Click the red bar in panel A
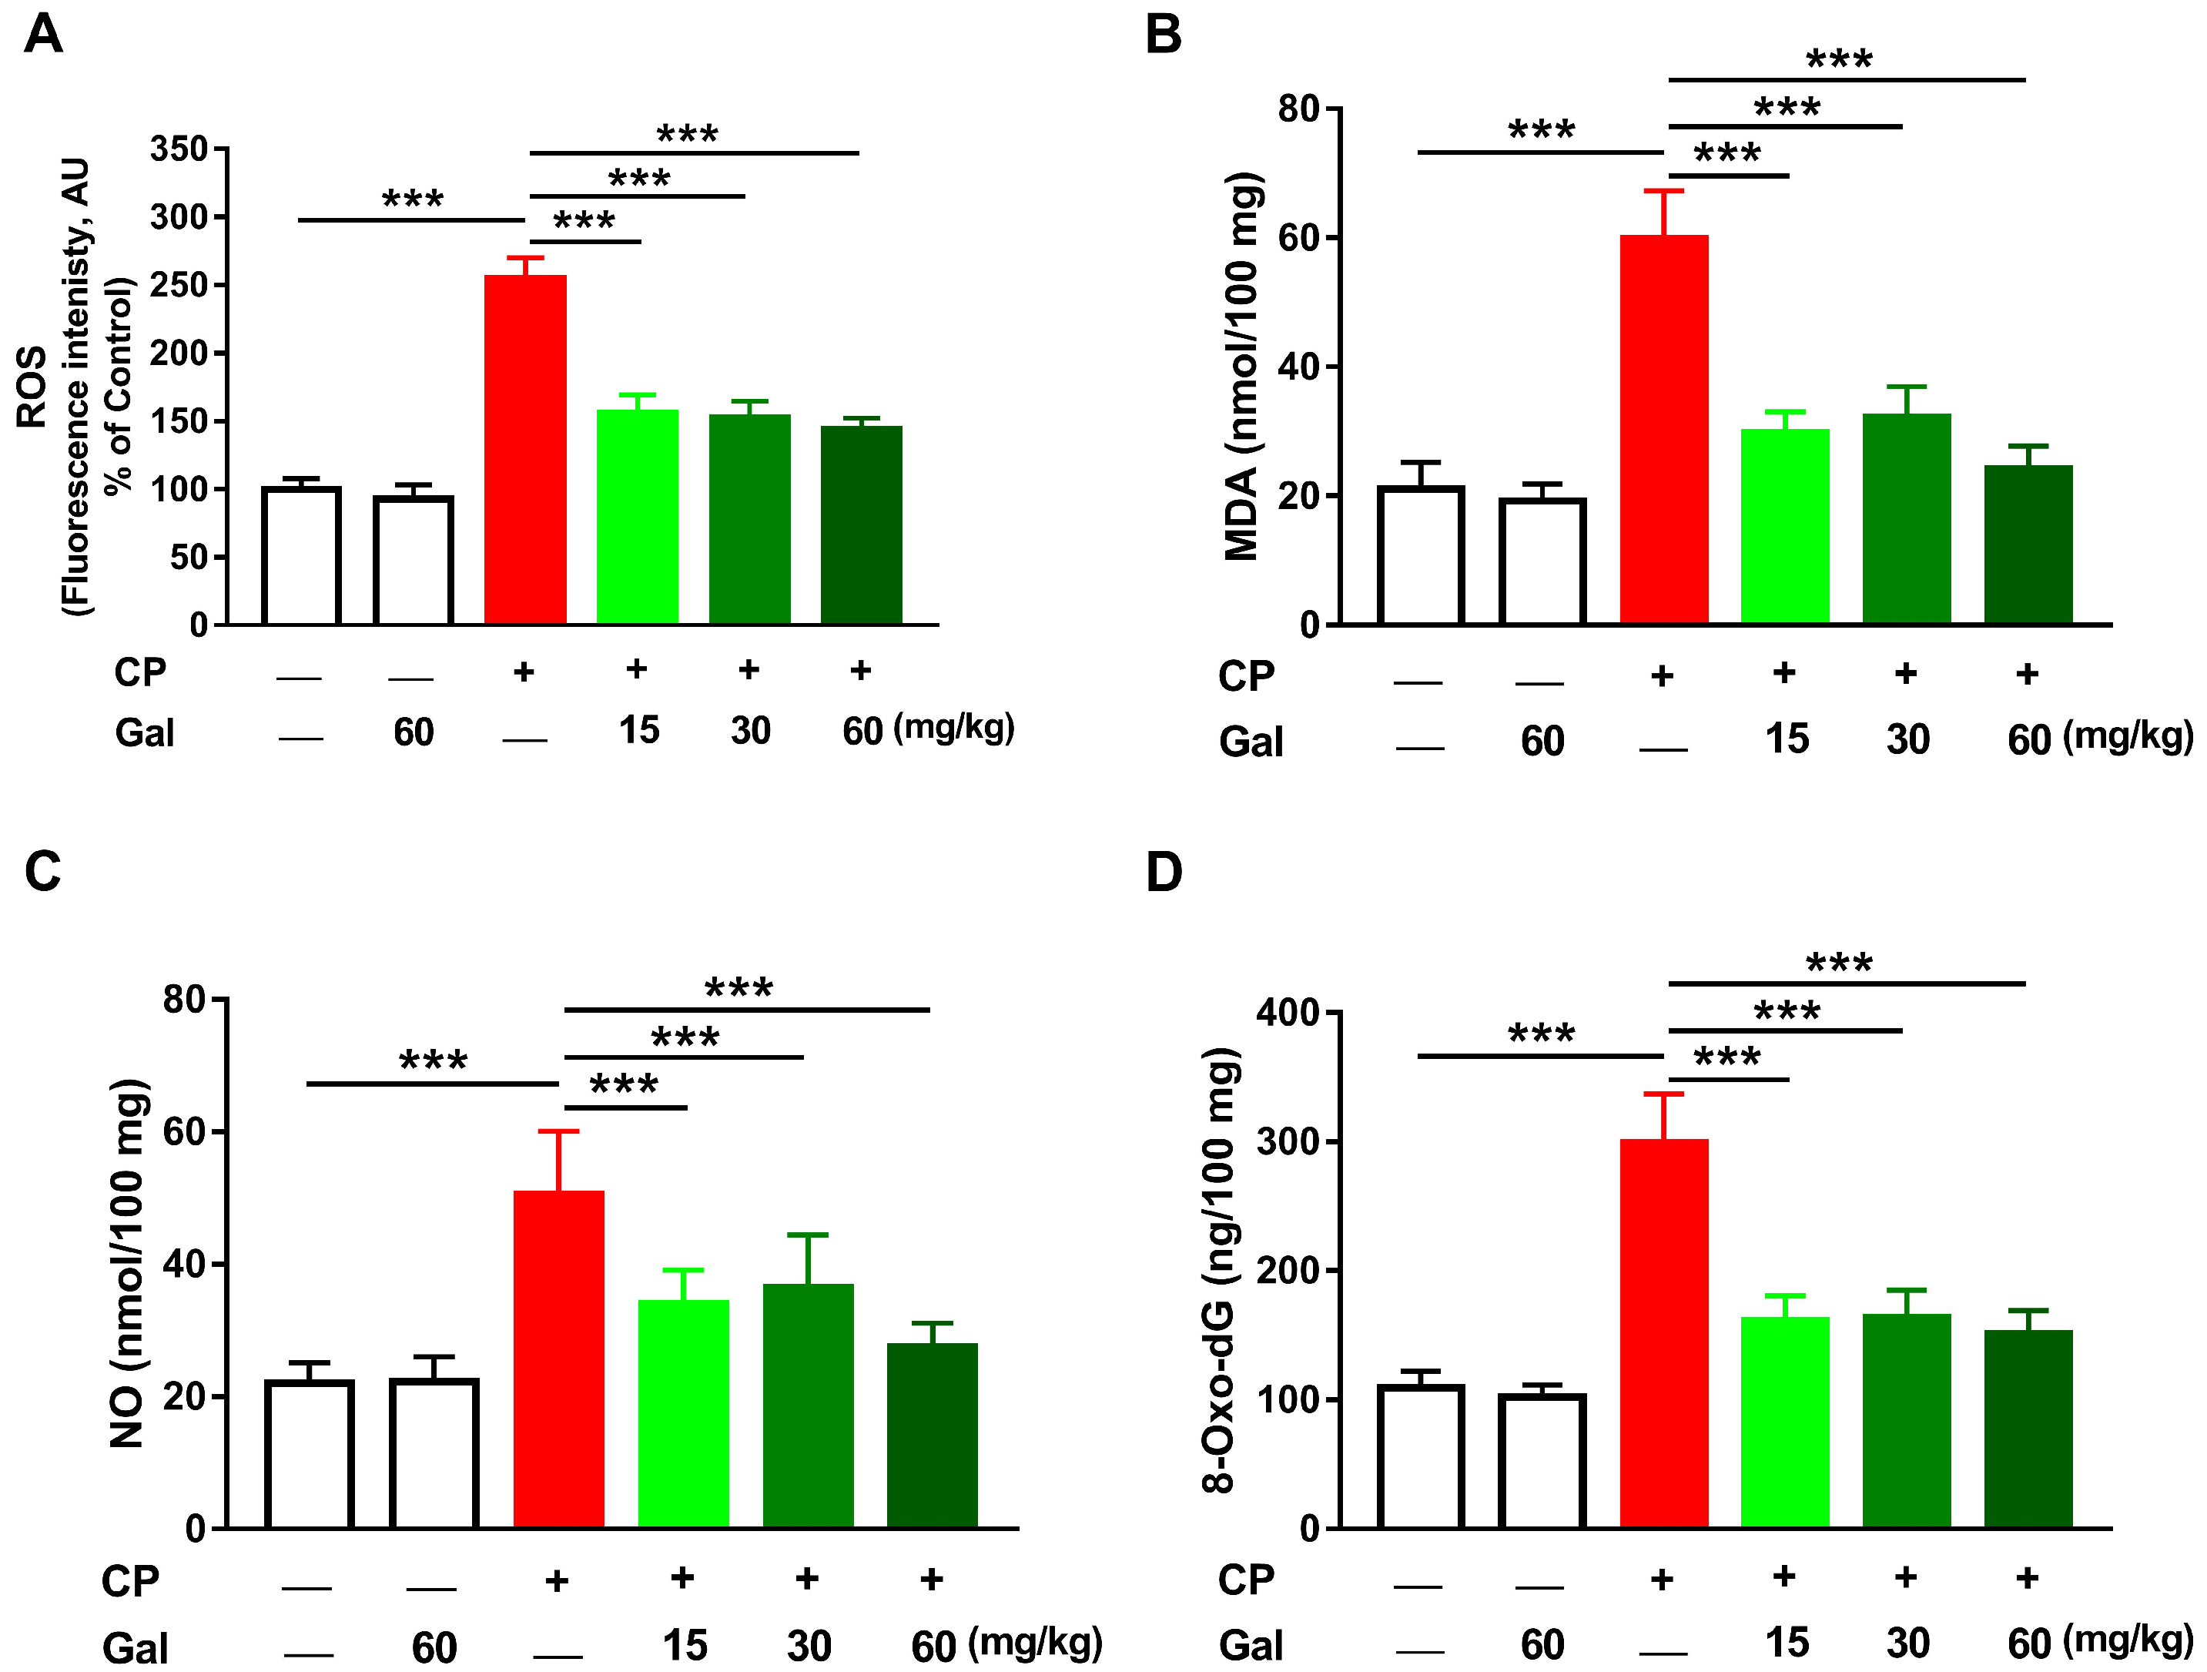tap(525, 449)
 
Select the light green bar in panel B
tap(1785, 526)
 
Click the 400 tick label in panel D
tap(1287, 1014)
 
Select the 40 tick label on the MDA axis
tap(1297, 367)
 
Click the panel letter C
tap(43, 871)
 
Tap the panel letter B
tap(1164, 35)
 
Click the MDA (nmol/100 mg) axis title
tap(1243, 367)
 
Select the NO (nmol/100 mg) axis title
tap(128, 1263)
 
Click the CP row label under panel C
tap(129, 1581)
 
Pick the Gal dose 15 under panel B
tap(1786, 739)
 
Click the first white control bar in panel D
tap(1420, 1456)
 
